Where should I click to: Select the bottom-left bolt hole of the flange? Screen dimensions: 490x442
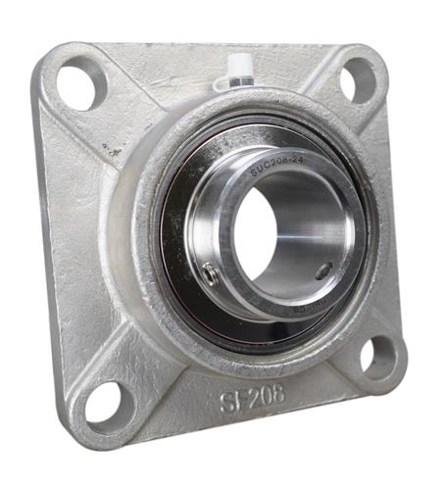click(x=104, y=402)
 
